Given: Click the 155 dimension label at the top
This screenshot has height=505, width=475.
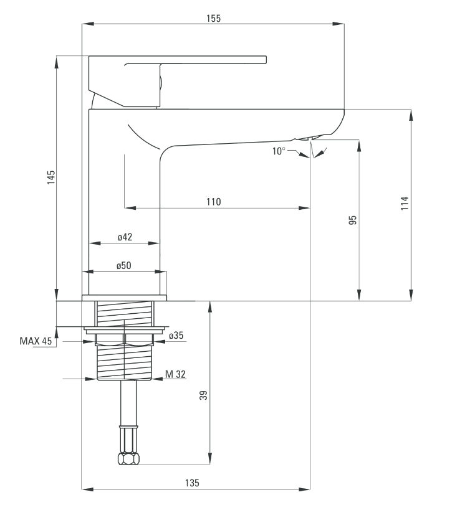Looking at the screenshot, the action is (x=213, y=18).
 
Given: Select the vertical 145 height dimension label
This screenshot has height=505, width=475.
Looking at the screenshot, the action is (x=51, y=177).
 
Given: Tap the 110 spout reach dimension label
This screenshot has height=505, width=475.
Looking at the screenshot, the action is (x=213, y=202).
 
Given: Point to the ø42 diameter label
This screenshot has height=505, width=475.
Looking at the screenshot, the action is (x=125, y=237).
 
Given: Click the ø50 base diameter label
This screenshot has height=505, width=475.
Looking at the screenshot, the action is (x=124, y=266).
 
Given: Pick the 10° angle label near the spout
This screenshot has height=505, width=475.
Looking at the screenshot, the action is (x=279, y=151).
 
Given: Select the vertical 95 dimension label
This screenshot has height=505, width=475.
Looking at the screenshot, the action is (x=353, y=220).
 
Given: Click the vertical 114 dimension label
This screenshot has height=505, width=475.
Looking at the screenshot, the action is (x=405, y=203).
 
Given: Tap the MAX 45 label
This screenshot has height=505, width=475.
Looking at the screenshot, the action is (x=36, y=341).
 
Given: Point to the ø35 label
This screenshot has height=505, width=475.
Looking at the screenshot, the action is (x=176, y=336).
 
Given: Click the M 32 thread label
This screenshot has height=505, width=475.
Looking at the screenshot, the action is (x=175, y=374).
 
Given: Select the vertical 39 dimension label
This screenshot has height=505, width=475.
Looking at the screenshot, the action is (x=203, y=395).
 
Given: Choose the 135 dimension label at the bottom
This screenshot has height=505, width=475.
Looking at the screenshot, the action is (x=192, y=483).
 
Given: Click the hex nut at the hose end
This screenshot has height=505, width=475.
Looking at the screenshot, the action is (x=128, y=458).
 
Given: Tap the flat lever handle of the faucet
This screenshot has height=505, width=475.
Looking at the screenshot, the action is (x=178, y=82).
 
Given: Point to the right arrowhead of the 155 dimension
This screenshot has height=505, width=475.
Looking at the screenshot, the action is (x=338, y=24).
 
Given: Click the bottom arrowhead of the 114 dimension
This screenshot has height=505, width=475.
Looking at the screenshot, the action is (x=411, y=295).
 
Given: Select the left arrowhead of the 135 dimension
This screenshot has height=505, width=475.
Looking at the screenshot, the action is (x=88, y=489).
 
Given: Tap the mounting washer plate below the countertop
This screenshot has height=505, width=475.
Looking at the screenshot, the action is (x=124, y=329).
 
